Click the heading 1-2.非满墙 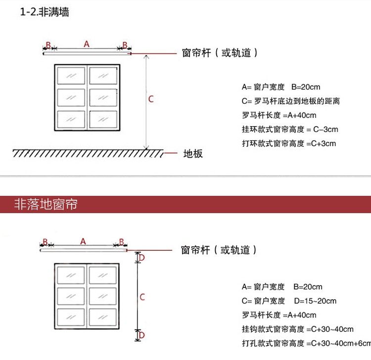click(x=45, y=12)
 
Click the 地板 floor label click(x=193, y=154)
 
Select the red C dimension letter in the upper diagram click(x=151, y=99)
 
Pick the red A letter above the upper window click(x=87, y=44)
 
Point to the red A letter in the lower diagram click(x=83, y=241)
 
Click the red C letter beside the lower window click(x=142, y=297)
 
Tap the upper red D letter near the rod click(x=141, y=258)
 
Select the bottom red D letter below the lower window click(x=141, y=335)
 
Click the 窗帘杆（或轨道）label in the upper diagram click(x=220, y=53)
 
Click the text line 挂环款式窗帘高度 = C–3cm click(x=290, y=130)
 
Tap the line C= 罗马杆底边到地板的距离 click(x=291, y=101)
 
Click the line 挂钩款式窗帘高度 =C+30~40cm click(x=298, y=329)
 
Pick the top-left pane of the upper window click(x=71, y=76)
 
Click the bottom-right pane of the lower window click(x=102, y=316)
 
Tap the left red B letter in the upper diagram click(x=48, y=45)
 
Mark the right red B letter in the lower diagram click(x=121, y=242)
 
